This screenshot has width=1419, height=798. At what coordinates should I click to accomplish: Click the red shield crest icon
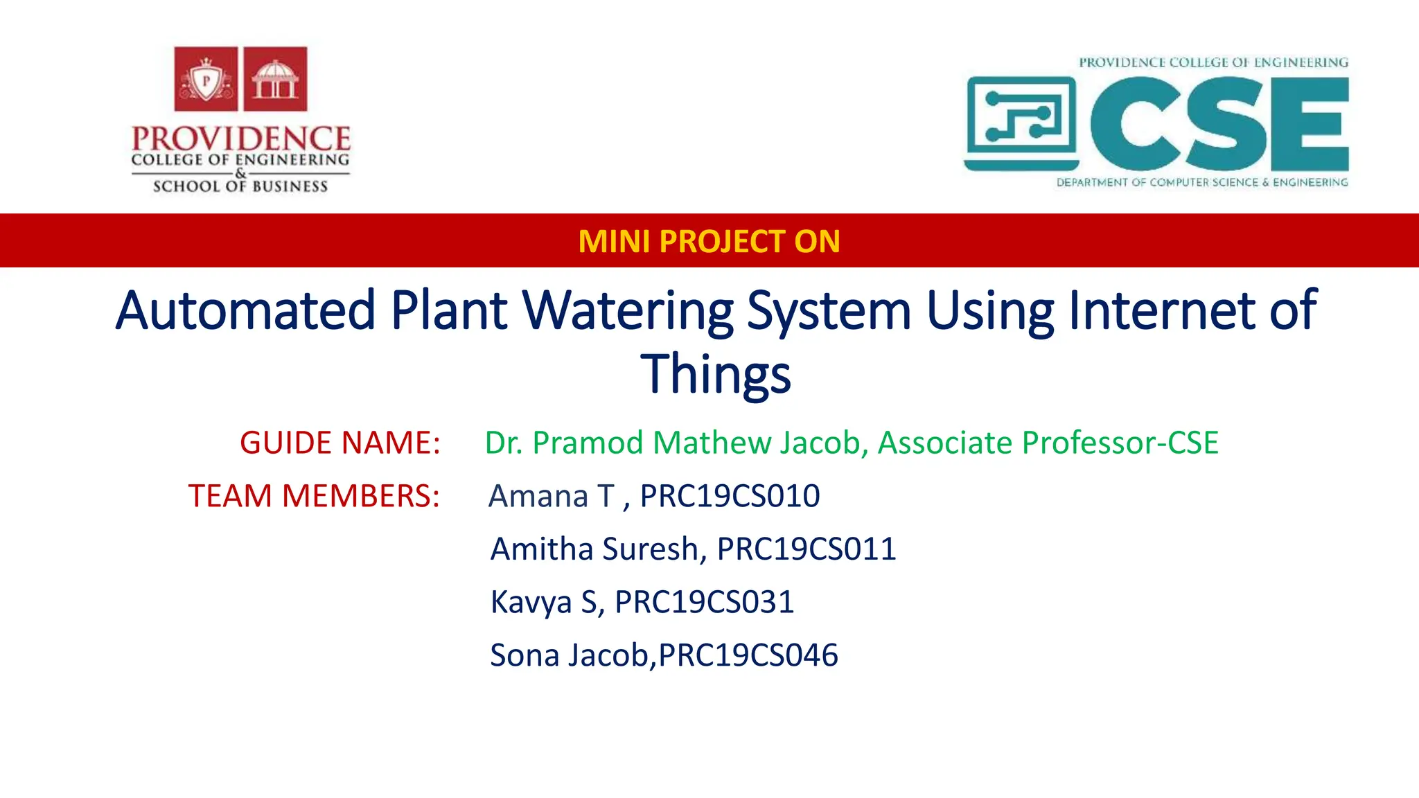click(206, 79)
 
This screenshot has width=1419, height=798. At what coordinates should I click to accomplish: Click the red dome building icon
click(275, 79)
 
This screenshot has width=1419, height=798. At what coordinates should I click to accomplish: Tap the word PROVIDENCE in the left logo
click(240, 139)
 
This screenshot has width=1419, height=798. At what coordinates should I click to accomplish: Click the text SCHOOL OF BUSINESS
click(240, 186)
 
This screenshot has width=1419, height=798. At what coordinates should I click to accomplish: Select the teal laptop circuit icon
click(1021, 123)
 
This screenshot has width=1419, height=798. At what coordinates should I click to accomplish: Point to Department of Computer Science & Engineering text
click(1202, 182)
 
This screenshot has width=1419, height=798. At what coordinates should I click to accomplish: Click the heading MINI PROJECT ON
click(709, 241)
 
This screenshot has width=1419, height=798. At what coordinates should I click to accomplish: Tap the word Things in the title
click(715, 373)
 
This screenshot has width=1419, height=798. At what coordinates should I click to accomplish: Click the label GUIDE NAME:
click(340, 443)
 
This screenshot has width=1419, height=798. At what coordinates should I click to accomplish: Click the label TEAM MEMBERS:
click(314, 496)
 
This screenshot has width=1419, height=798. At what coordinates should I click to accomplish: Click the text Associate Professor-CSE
click(1048, 443)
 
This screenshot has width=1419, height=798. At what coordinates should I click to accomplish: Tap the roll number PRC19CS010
click(730, 496)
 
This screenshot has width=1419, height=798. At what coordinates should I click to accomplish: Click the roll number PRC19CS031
click(704, 602)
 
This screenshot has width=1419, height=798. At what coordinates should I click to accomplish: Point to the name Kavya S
click(544, 602)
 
